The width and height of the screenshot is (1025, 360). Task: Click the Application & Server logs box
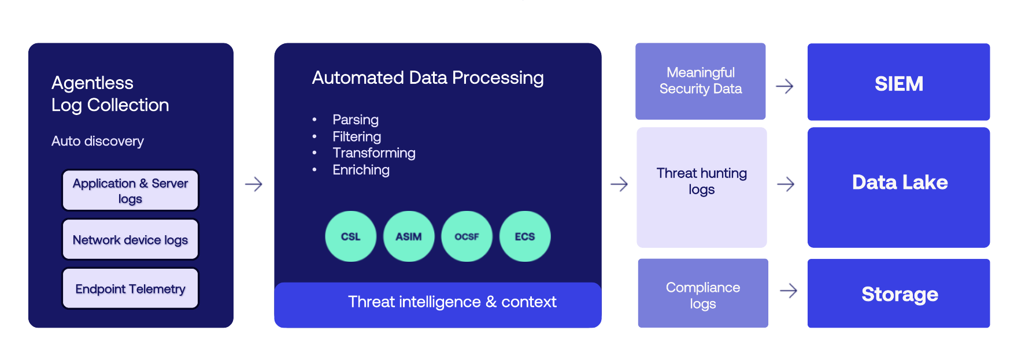pyautogui.click(x=130, y=190)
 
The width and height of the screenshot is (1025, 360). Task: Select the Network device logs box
pyautogui.click(x=130, y=239)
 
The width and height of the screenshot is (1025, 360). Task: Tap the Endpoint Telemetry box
pyautogui.click(x=130, y=288)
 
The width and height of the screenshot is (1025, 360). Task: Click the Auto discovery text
pyautogui.click(x=97, y=141)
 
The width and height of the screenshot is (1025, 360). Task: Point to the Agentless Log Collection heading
pyautogui.click(x=110, y=94)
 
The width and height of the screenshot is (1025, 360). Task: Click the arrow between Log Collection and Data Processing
pyautogui.click(x=253, y=184)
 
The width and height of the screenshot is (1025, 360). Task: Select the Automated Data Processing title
pyautogui.click(x=427, y=77)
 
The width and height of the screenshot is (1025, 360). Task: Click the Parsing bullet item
pyautogui.click(x=355, y=120)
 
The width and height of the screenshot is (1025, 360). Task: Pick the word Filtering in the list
pyautogui.click(x=356, y=136)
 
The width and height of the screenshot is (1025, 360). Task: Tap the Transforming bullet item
pyautogui.click(x=373, y=153)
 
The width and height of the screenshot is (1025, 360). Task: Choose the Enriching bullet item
pyautogui.click(x=361, y=169)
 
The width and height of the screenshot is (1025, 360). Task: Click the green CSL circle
pyautogui.click(x=350, y=236)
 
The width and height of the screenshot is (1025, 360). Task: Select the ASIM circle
pyautogui.click(x=409, y=236)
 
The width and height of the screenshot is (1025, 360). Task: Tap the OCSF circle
pyautogui.click(x=467, y=236)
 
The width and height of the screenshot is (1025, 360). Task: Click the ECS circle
pyautogui.click(x=525, y=236)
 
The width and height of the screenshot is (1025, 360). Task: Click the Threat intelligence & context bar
pyautogui.click(x=452, y=302)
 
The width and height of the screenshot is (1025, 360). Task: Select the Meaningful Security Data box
pyautogui.click(x=700, y=81)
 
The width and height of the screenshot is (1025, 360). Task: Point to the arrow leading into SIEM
pyautogui.click(x=785, y=86)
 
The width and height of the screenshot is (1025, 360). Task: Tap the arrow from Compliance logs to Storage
pyautogui.click(x=788, y=290)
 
